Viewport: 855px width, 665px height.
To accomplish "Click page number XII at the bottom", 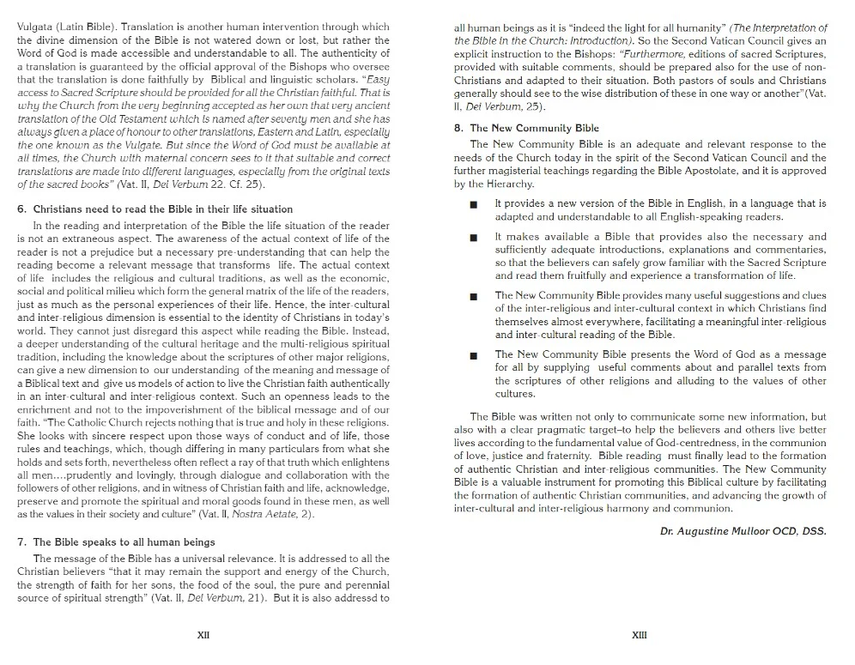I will coord(203,635).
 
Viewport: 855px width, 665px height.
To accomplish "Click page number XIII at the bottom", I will coord(640,635).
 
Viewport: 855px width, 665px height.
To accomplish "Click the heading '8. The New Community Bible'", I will coord(526,128).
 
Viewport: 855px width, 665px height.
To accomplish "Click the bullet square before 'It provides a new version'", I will coord(473,204).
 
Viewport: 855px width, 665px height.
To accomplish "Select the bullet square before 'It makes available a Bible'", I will coord(473,237).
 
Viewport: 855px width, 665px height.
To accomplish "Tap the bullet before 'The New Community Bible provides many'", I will coord(473,296).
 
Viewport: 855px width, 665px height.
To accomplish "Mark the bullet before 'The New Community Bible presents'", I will coord(473,355).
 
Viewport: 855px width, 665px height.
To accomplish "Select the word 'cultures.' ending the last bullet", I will coord(515,394).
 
